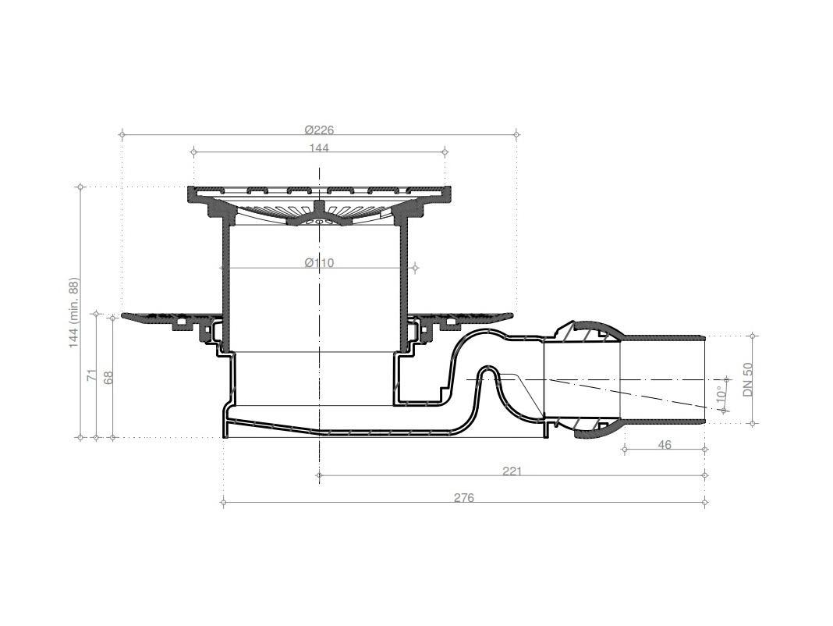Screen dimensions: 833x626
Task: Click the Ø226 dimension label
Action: [319, 130]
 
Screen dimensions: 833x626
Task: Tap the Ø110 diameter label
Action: [319, 263]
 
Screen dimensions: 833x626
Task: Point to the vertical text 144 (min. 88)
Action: [74, 313]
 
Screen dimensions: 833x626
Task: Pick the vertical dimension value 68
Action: [108, 378]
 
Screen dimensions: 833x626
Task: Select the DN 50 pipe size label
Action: [748, 380]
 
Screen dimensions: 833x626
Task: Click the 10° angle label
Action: [721, 395]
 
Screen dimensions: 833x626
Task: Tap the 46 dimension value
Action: [665, 444]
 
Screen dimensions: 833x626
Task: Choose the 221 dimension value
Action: [512, 471]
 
